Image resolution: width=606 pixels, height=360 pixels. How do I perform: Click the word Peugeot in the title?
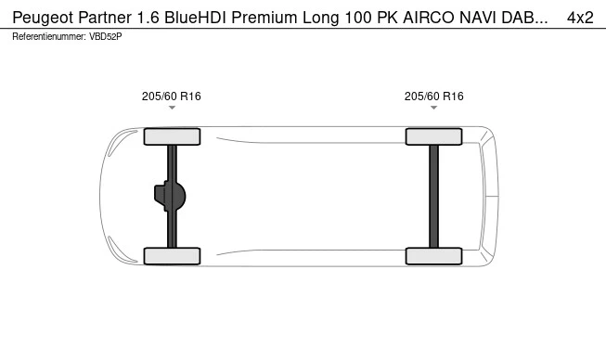point(44,18)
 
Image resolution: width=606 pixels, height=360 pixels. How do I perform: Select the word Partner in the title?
point(105,18)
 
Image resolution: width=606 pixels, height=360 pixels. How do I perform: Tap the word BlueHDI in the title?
point(196,18)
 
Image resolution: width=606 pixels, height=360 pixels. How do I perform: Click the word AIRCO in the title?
point(429,18)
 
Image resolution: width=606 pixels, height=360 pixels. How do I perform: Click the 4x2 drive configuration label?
point(580,18)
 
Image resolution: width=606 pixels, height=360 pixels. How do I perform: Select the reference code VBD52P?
point(106,37)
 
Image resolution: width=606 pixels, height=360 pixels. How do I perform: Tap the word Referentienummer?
point(49,37)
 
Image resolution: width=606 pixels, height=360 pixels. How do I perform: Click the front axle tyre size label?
point(171,96)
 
